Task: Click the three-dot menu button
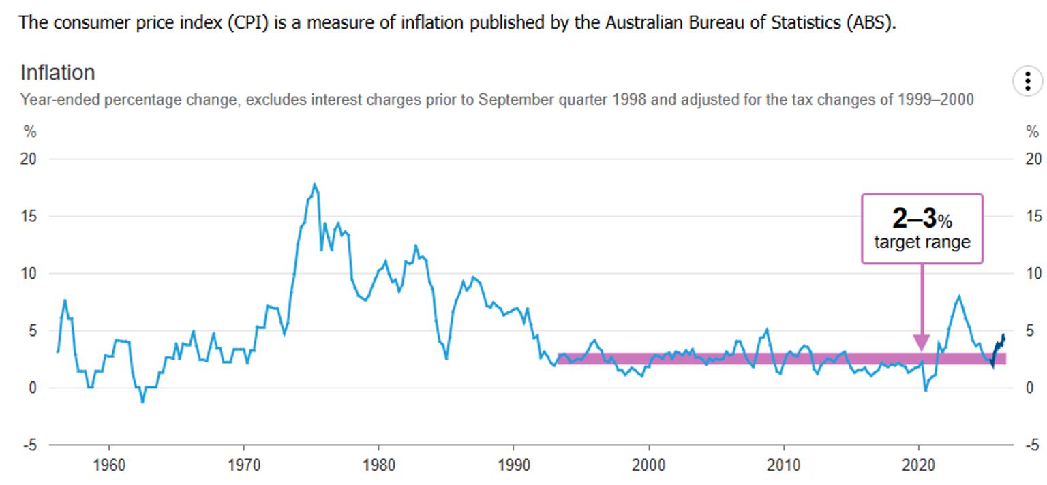(1027, 81)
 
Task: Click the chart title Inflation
(58, 72)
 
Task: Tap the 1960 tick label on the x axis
(109, 465)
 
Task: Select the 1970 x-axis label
(243, 465)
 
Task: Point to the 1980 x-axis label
(378, 465)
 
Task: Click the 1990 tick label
(513, 465)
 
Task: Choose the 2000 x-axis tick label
(648, 465)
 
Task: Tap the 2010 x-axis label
(783, 465)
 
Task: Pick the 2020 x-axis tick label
(918, 465)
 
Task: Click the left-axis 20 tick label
(28, 159)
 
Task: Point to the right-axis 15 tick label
(1033, 217)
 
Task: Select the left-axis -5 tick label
(29, 445)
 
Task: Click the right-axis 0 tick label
(1030, 388)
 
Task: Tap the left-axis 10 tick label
(28, 273)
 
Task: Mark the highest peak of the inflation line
(314, 183)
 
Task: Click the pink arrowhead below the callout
(922, 343)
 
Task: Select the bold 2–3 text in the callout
(915, 218)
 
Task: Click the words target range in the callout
(922, 242)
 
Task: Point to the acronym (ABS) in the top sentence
(871, 22)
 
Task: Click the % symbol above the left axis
(30, 131)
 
